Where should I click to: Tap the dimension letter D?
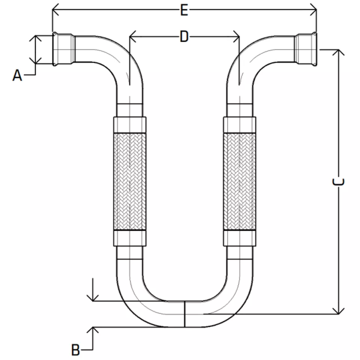pos(184,36)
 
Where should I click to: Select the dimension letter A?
pos(17,75)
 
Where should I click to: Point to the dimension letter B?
pos(75,350)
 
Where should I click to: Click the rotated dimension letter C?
pos(338,181)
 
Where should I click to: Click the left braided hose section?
pos(130,181)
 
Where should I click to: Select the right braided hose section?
pos(240,181)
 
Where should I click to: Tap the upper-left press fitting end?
pos(64,49)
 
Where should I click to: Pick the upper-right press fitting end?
pos(306,49)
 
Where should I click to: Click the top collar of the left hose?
pos(130,125)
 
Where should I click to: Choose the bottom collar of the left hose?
pos(130,238)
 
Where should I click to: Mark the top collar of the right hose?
pos(240,125)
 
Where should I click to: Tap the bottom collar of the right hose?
pos(240,238)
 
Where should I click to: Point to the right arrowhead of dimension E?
pos(313,10)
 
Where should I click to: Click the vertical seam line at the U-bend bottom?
pos(184,313)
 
